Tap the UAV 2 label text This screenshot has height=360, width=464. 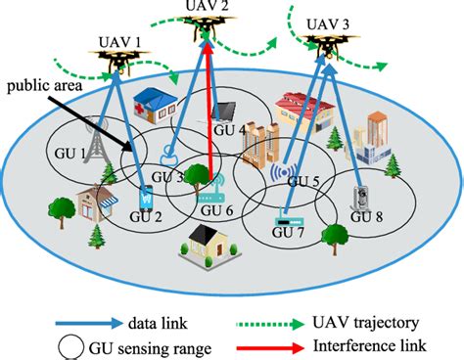click(206, 8)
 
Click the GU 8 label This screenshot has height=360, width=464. click(367, 216)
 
